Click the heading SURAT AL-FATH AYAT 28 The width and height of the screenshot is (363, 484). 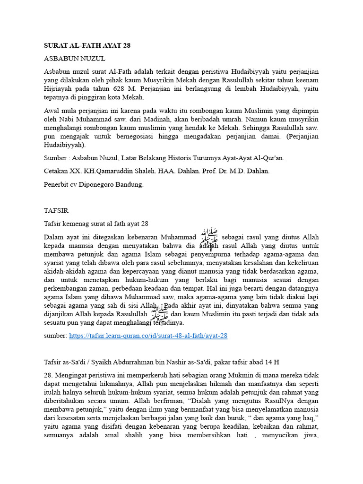pos(87,46)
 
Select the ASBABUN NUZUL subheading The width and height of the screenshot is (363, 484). pos(74,59)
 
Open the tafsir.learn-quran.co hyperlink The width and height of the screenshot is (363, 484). pos(148,336)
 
